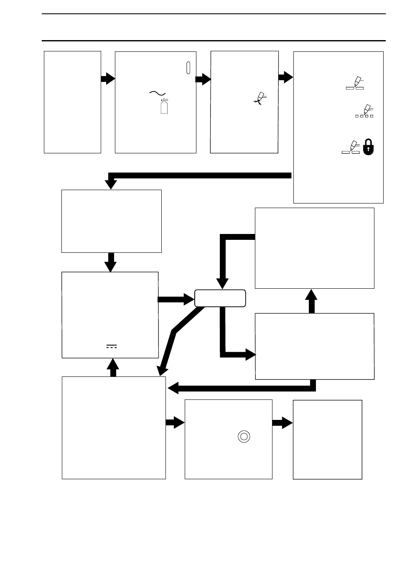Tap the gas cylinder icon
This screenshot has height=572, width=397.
(164, 106)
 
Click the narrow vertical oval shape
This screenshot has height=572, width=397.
(188, 68)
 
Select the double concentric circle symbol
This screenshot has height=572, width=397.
(244, 437)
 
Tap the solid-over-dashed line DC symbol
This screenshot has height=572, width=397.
(111, 346)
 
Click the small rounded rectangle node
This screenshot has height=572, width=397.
(220, 298)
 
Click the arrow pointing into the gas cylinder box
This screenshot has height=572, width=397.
(108, 79)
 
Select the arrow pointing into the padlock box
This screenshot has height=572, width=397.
(286, 77)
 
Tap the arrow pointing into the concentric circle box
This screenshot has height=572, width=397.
(175, 423)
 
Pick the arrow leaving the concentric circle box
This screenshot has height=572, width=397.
(282, 423)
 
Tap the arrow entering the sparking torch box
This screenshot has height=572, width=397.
(204, 79)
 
